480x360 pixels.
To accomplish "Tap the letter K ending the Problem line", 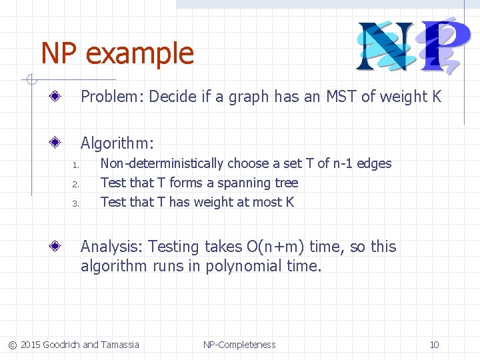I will [437, 97].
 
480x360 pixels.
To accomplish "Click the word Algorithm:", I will [117, 143].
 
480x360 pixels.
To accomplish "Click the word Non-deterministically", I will [162, 163].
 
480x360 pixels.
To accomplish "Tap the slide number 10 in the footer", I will [434, 345].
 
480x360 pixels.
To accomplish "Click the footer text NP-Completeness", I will [239, 345].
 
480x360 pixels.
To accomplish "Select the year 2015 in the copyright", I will [30, 345].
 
